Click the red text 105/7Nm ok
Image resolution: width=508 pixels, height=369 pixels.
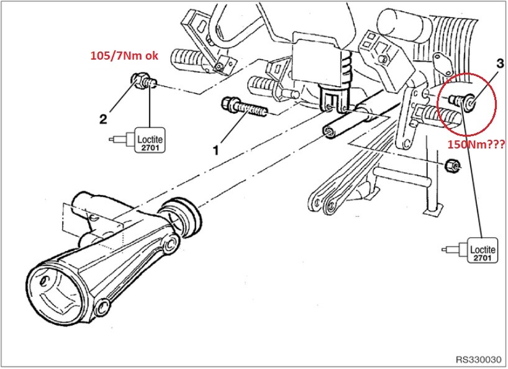[124, 56]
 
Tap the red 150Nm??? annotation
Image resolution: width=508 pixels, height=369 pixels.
[476, 145]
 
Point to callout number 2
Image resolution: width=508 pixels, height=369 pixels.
[103, 119]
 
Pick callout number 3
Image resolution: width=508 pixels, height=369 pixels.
[500, 63]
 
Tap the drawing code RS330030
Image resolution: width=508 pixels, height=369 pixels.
[479, 360]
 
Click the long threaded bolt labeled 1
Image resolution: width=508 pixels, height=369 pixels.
[244, 107]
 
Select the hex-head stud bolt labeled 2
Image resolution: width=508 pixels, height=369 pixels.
[143, 81]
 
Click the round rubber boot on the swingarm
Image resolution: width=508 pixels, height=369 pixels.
[182, 215]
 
